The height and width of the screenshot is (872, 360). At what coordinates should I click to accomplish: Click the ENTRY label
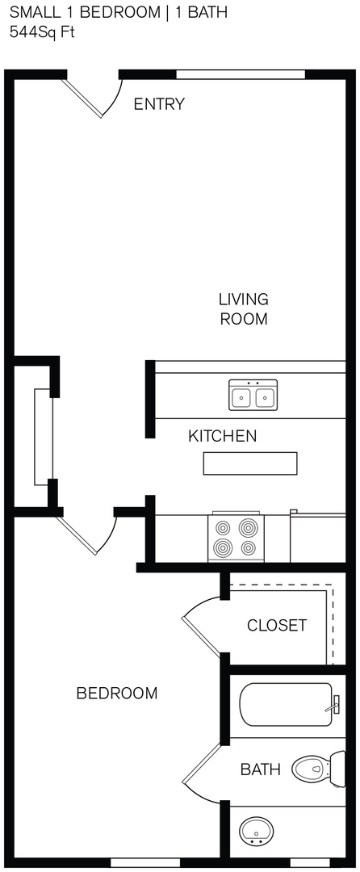click(159, 104)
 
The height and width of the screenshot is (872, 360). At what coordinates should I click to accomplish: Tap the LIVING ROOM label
click(243, 309)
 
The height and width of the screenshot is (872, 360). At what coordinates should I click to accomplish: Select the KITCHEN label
click(222, 437)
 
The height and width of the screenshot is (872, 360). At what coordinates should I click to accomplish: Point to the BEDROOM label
click(116, 693)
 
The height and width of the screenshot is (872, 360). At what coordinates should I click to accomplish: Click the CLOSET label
click(277, 625)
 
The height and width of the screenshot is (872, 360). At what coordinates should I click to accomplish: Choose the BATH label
click(260, 769)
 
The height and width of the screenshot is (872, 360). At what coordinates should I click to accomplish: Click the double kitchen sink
click(253, 395)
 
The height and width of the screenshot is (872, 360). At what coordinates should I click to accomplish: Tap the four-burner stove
click(236, 538)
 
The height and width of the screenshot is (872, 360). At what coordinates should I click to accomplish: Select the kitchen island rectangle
click(250, 463)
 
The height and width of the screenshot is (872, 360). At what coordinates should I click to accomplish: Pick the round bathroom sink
click(257, 829)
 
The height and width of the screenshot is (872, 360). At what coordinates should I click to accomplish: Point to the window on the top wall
click(241, 74)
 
